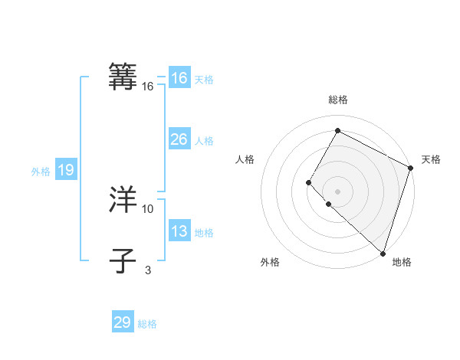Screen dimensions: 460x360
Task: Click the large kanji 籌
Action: pyautogui.click(x=123, y=77)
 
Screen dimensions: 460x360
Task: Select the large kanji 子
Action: pyautogui.click(x=123, y=260)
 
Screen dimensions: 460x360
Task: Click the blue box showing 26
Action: pyautogui.click(x=179, y=139)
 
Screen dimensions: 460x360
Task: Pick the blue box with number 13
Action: pyautogui.click(x=179, y=231)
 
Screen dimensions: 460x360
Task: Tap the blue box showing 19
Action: pyautogui.click(x=66, y=170)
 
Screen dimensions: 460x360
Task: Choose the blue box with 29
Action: pyautogui.click(x=123, y=322)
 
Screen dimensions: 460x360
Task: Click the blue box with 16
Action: pyautogui.click(x=179, y=78)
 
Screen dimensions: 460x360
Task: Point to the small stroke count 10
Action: pyautogui.click(x=148, y=208)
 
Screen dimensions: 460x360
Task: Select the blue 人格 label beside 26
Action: pyautogui.click(x=204, y=141)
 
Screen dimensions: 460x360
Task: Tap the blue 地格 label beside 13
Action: pyautogui.click(x=204, y=233)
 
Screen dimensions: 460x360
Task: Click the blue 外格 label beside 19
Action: pyautogui.click(x=41, y=172)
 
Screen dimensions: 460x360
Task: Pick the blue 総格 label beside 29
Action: pyautogui.click(x=147, y=324)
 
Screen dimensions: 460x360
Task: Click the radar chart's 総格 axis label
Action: pyautogui.click(x=337, y=100)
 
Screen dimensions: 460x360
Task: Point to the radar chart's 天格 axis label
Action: pyautogui.click(x=431, y=159)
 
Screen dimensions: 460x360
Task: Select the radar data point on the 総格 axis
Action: pyautogui.click(x=337, y=130)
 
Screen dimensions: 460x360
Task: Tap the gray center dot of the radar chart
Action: pyautogui.click(x=337, y=191)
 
